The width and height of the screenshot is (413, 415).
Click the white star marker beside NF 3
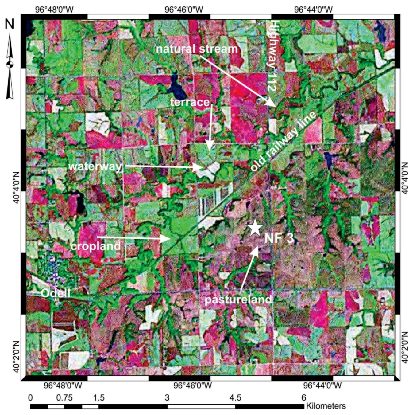255,228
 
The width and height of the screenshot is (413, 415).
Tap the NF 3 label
279,238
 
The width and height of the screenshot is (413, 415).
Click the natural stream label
197,49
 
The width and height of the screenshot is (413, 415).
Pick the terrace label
190,102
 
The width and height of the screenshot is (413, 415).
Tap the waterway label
95,166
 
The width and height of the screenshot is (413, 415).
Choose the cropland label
95,246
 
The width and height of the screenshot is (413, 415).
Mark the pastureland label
238,299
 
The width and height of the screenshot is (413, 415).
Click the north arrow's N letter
10,24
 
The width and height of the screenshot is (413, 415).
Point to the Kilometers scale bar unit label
326,406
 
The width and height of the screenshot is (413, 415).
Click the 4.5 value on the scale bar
235,397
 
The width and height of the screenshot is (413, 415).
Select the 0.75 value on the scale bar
64,397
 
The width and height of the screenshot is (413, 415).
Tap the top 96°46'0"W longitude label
184,9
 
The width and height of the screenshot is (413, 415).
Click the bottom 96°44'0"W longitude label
322,385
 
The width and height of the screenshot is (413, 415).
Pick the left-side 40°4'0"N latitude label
16,187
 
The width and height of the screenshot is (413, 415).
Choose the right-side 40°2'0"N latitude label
405,347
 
